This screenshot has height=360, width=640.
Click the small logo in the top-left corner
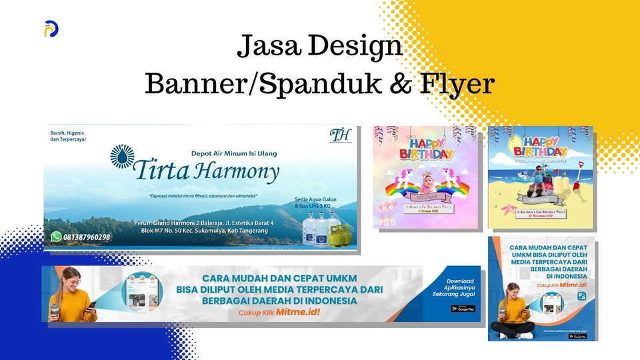pos(51,29)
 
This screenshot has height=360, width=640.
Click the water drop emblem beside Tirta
pos(121,156)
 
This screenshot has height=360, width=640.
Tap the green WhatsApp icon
pos(56,236)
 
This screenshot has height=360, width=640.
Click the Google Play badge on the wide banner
pos(462,309)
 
